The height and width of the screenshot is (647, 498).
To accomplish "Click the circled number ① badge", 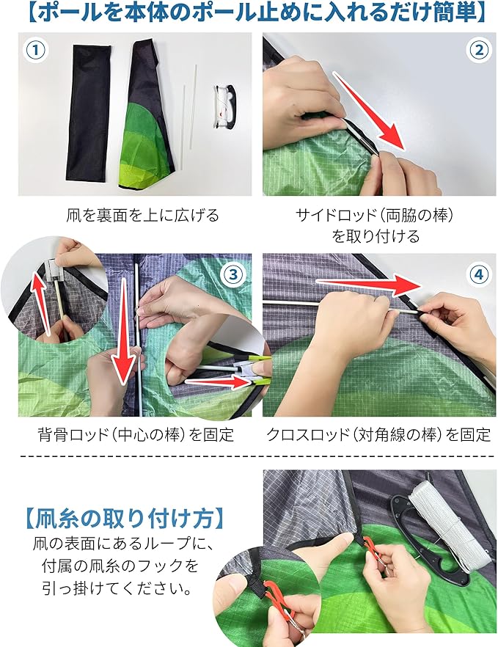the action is coord(35,50).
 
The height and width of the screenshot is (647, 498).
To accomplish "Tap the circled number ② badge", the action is coord(479,50).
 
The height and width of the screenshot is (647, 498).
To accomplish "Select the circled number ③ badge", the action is coord(233,274).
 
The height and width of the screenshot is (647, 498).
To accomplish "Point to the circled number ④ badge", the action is coord(479,274).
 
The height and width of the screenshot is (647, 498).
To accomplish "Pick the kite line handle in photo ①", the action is coord(224,106).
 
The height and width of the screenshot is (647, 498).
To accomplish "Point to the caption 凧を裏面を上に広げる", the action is coord(143,215).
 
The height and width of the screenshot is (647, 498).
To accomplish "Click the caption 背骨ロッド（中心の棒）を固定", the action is coord(136,434).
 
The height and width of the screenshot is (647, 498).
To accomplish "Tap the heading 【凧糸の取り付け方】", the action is coord(124,518).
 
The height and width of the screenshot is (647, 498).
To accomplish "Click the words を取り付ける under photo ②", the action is coord(376,236).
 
